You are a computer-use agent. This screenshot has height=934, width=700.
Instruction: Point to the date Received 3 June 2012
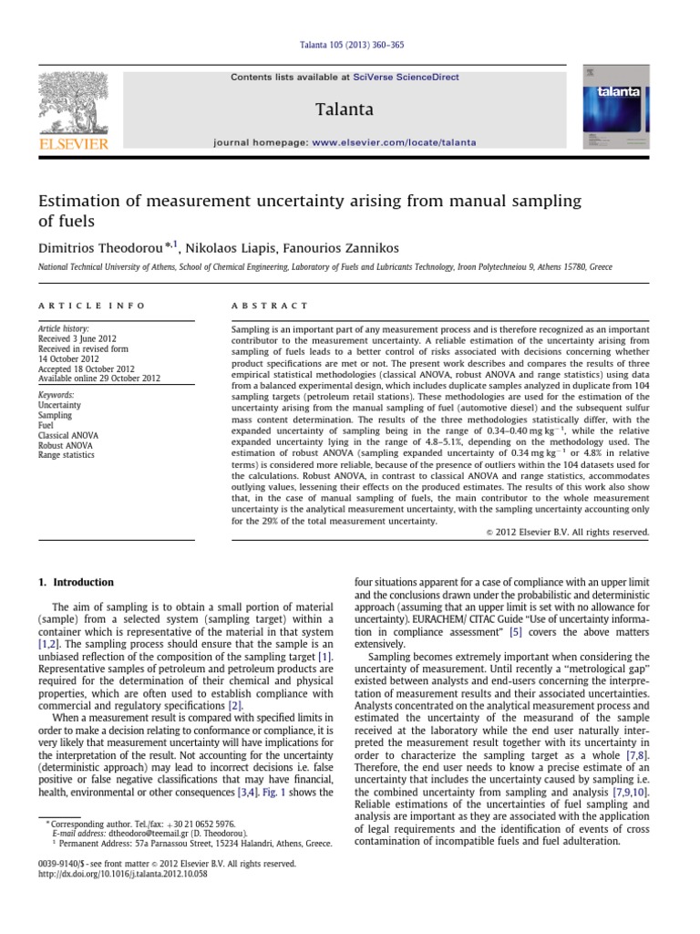81,337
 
